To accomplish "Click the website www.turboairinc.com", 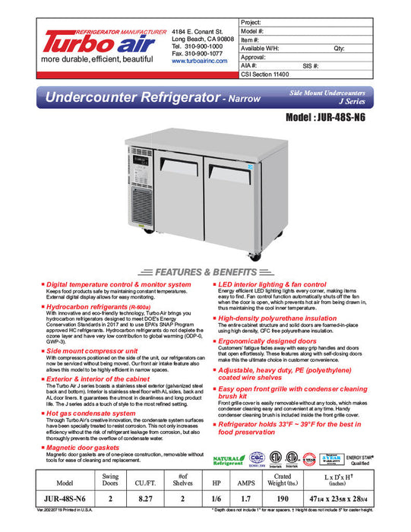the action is click(x=200, y=61).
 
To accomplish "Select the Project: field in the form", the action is click(x=319, y=23).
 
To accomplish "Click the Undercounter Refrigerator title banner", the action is click(x=144, y=97).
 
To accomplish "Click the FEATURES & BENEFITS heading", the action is click(x=204, y=272).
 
